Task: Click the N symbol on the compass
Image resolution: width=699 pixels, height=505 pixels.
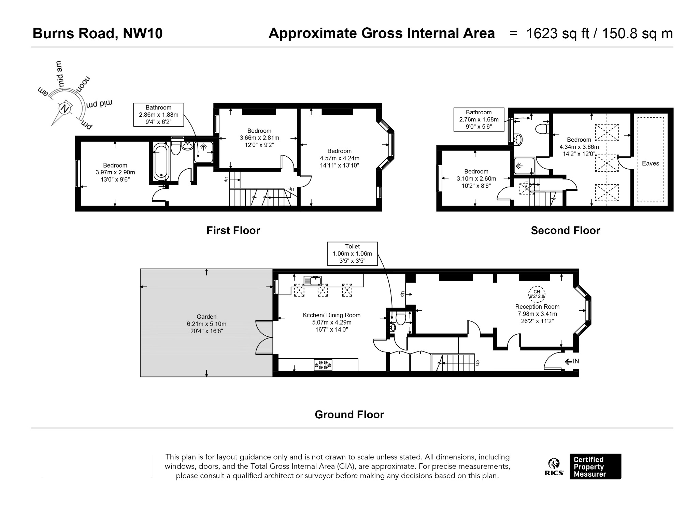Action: coord(65,109)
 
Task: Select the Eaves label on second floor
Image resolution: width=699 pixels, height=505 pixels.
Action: coord(650,163)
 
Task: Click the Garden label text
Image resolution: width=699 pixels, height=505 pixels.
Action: coord(206,317)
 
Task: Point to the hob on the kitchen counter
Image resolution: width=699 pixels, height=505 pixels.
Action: coord(323,365)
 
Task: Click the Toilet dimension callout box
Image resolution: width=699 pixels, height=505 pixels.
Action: coord(352,254)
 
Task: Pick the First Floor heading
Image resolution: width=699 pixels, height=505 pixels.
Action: coord(233,231)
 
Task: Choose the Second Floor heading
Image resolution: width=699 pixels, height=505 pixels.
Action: coord(565,231)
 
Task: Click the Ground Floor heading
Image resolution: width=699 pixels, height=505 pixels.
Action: coord(349,415)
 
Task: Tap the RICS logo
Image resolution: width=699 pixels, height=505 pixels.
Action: coord(554,467)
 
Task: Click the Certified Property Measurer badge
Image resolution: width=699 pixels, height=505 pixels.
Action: coord(595,466)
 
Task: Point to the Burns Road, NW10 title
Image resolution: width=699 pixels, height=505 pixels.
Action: coord(98,33)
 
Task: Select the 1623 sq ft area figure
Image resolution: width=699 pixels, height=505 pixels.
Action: coord(558,33)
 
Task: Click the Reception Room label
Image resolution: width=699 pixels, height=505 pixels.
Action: coord(537,307)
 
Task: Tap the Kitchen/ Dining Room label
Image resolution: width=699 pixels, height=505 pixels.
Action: coord(331,315)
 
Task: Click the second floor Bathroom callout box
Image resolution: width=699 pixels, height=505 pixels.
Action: coord(479,119)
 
